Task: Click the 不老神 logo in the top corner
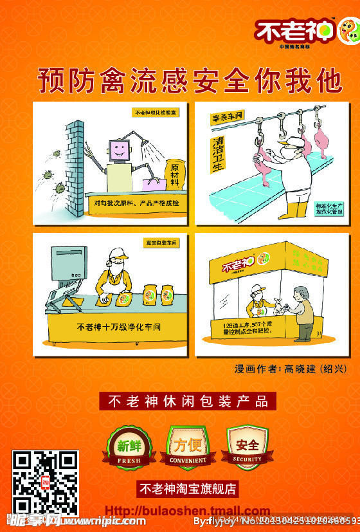click(x=305, y=32)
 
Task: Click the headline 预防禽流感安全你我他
click(x=190, y=81)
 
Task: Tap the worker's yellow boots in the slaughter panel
click(x=296, y=210)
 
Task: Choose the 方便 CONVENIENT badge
click(x=188, y=446)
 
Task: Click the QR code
click(x=46, y=482)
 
